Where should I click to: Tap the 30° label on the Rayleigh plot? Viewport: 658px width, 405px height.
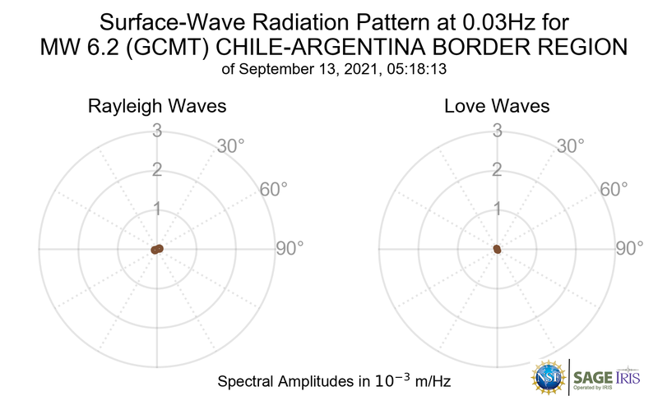231,146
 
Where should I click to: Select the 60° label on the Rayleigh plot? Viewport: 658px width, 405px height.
274,189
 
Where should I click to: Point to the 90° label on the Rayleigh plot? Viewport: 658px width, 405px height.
290,248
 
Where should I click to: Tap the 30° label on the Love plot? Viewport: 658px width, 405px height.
571,146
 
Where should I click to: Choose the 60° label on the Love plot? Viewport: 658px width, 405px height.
614,189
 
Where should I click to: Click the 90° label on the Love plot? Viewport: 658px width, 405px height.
630,248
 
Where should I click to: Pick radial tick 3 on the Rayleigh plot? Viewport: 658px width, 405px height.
155,130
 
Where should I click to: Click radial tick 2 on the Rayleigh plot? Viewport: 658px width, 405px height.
155,170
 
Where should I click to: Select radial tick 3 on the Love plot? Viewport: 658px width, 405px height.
496,130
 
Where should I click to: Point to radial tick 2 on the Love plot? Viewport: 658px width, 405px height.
496,170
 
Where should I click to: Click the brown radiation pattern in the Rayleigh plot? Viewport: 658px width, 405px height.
157,249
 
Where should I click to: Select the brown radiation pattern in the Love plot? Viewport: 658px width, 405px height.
497,248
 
